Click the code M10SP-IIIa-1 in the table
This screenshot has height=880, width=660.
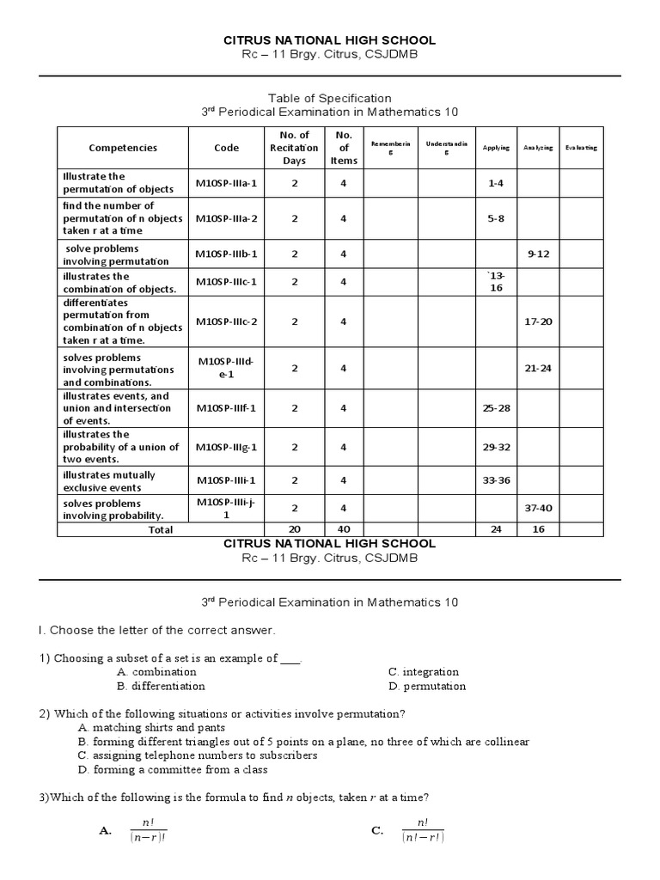pyautogui.click(x=226, y=183)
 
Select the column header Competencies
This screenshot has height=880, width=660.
pyautogui.click(x=123, y=147)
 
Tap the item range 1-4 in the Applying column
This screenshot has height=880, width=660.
pyautogui.click(x=496, y=183)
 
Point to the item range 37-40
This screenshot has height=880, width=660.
pyautogui.click(x=537, y=508)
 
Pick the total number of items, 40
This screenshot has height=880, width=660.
pyautogui.click(x=343, y=529)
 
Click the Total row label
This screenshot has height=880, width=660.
pyautogui.click(x=160, y=529)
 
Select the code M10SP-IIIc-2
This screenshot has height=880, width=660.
pyautogui.click(x=226, y=321)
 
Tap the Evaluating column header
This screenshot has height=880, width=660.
pyautogui.click(x=581, y=148)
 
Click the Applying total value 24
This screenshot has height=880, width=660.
pyautogui.click(x=496, y=529)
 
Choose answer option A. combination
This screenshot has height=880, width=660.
pyautogui.click(x=157, y=671)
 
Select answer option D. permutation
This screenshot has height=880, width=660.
pyautogui.click(x=427, y=686)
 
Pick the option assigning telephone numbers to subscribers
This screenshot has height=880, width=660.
pyautogui.click(x=197, y=755)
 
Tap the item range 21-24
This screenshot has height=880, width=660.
pyautogui.click(x=537, y=368)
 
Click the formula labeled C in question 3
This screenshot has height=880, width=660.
pyautogui.click(x=421, y=831)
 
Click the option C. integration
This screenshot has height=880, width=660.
pyautogui.click(x=424, y=671)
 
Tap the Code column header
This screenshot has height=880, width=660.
pyautogui.click(x=226, y=147)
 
